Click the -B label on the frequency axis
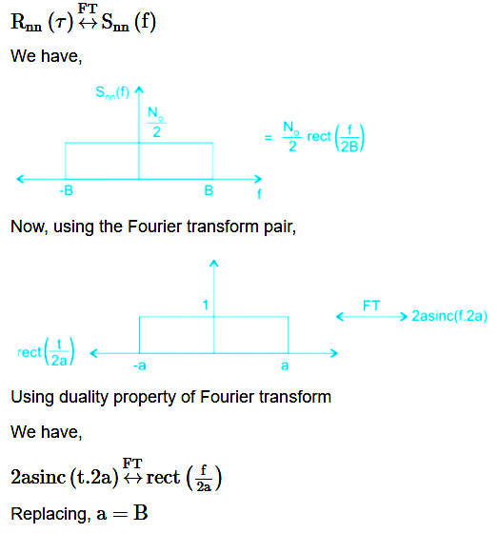(x=67, y=190)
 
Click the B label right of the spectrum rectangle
(x=209, y=190)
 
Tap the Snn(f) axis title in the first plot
(x=112, y=92)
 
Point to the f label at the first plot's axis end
(x=259, y=194)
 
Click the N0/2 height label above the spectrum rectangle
(x=156, y=122)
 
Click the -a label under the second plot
(x=140, y=365)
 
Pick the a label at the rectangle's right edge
(x=285, y=365)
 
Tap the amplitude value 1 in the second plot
(x=205, y=306)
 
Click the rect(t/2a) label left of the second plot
(x=46, y=352)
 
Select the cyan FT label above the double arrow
(x=371, y=306)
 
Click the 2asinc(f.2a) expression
(x=449, y=316)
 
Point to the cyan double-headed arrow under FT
(x=371, y=317)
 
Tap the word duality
(x=84, y=397)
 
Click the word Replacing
(x=50, y=514)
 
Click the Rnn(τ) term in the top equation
(x=42, y=22)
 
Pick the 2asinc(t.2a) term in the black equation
(x=65, y=477)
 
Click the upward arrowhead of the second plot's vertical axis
(x=214, y=263)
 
